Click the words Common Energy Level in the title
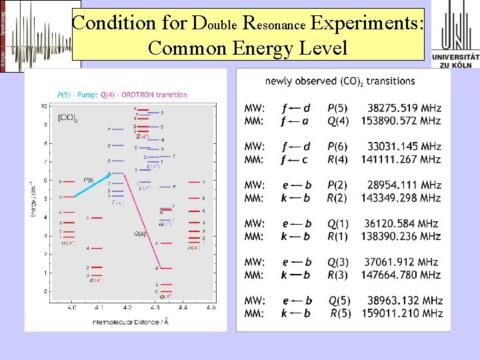(x=248, y=47)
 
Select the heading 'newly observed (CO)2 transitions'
(x=340, y=81)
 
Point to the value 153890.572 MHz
(x=401, y=121)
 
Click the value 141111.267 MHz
(x=401, y=159)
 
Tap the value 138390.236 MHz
(x=401, y=236)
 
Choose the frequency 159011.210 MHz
(x=402, y=313)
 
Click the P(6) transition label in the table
(x=338, y=147)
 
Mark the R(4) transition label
(x=338, y=159)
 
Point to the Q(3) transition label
(x=338, y=262)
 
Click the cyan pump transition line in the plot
(x=91, y=186)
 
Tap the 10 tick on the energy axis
(x=43, y=107)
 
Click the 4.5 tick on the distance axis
(x=211, y=307)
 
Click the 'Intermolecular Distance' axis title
(x=127, y=322)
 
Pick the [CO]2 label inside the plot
(x=66, y=118)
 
